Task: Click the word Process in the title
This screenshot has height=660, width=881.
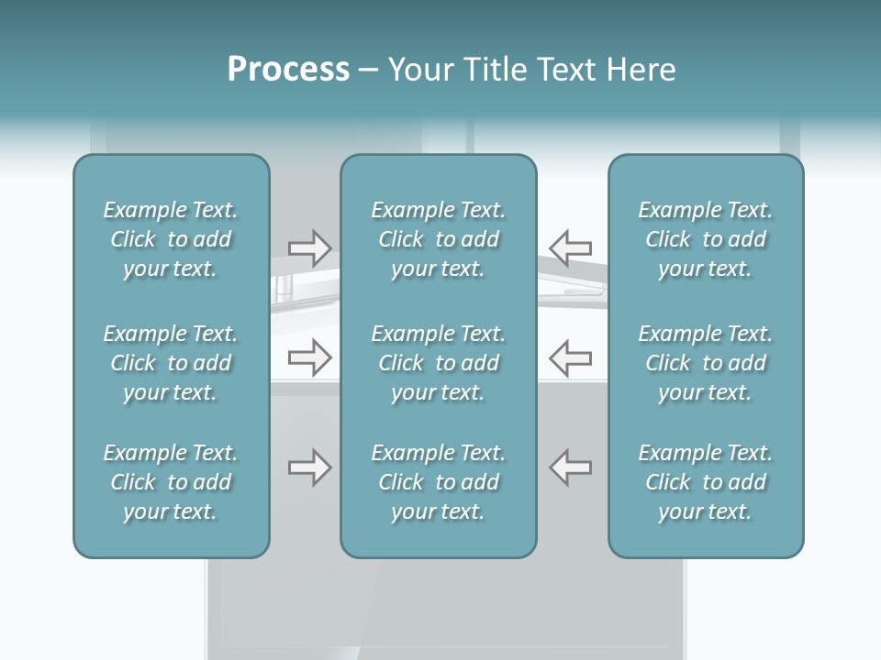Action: pos(288,70)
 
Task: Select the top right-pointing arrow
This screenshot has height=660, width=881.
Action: pos(310,247)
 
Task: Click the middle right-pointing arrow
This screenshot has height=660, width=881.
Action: pos(310,357)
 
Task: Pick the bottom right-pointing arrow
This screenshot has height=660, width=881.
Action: pos(310,467)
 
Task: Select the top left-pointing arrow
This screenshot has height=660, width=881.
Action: pos(571,247)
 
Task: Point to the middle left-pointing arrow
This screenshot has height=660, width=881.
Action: pos(571,357)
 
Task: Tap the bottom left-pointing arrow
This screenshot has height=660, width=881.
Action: pos(571,467)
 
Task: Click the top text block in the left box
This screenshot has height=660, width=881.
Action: pos(171,239)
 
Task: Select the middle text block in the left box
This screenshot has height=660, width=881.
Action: pos(171,363)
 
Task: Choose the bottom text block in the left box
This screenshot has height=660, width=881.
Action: pos(171,482)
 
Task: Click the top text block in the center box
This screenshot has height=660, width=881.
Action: pos(438,239)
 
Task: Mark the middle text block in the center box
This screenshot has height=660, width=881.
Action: pos(438,363)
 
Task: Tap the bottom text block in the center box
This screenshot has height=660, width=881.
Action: pos(438,482)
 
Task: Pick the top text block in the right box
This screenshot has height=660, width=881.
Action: pos(705,239)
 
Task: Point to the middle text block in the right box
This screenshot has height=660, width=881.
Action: pos(705,363)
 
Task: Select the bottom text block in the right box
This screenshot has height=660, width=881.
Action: pos(705,482)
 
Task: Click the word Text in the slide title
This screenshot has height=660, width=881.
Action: pos(565,70)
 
